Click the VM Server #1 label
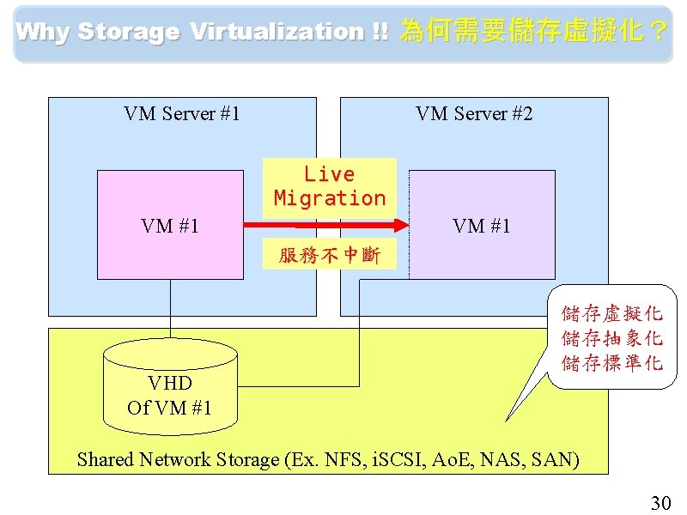(x=182, y=114)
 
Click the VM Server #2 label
(x=474, y=114)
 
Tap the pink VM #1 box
(x=170, y=249)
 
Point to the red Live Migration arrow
(x=326, y=226)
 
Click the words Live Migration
(x=330, y=186)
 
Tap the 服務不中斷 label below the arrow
(x=329, y=256)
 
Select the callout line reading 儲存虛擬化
(x=611, y=314)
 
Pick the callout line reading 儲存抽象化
(x=611, y=338)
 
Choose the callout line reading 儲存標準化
(x=611, y=362)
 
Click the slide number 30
(x=660, y=502)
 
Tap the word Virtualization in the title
(x=277, y=33)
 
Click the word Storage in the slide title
(x=128, y=33)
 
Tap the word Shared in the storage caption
(x=106, y=460)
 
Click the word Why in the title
(x=43, y=33)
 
